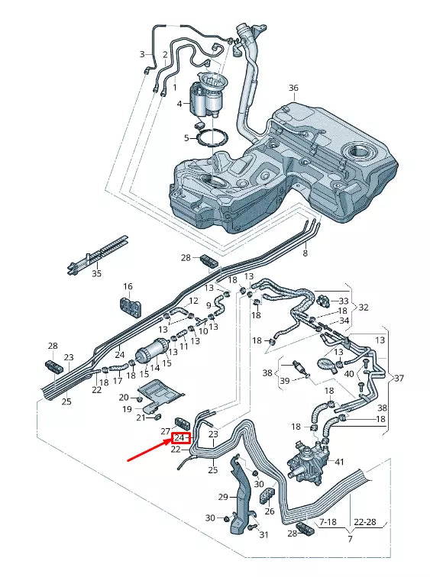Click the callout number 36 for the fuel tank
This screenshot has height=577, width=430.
tap(293, 88)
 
